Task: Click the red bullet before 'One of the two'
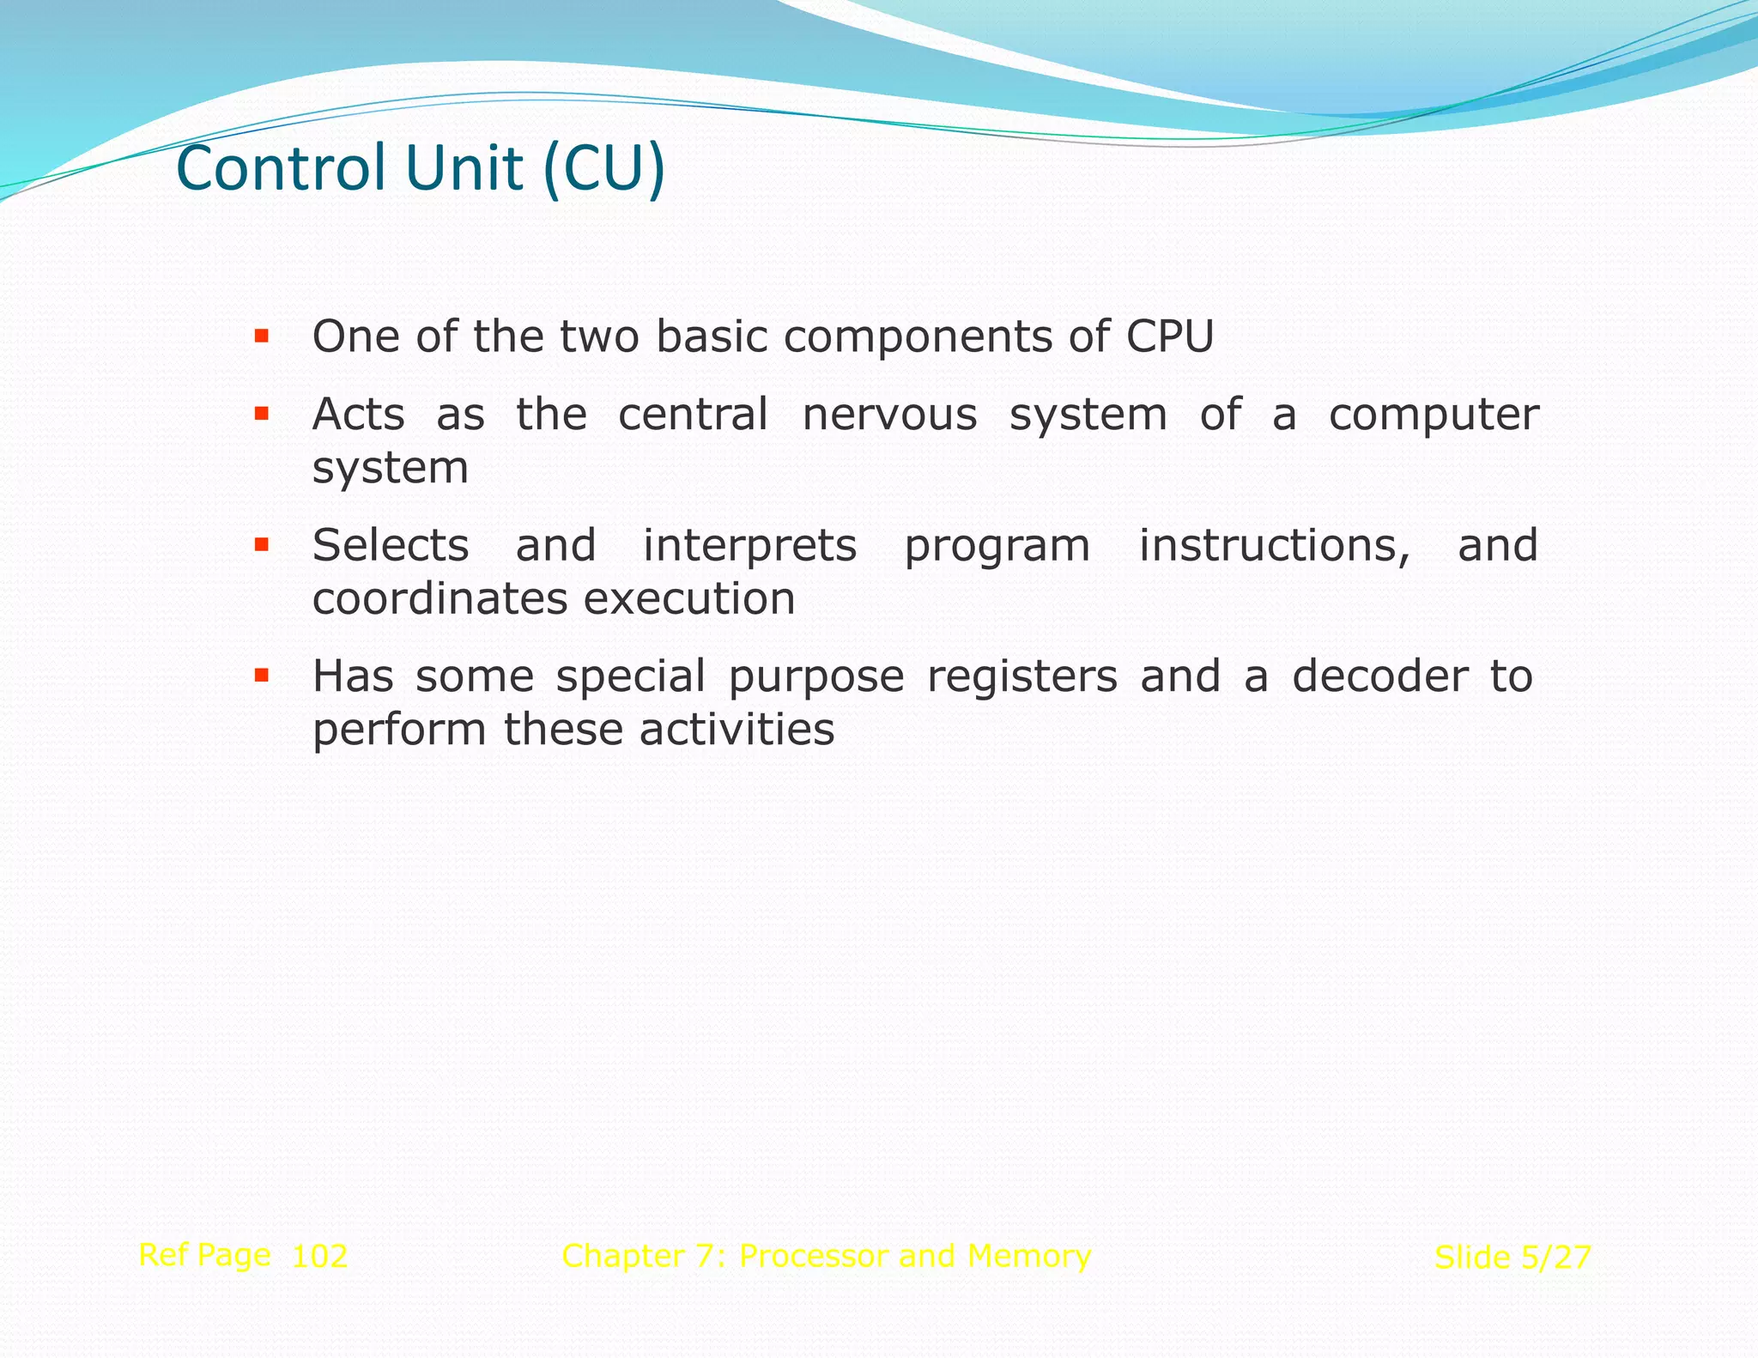tap(262, 336)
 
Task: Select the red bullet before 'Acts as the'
tap(262, 415)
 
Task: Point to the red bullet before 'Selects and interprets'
tap(262, 545)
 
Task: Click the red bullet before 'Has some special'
tap(262, 676)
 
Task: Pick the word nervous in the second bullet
tap(889, 415)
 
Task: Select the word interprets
tap(749, 547)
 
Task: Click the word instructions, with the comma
tap(1274, 546)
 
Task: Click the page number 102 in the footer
tap(319, 1257)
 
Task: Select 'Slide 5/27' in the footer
tap(1512, 1258)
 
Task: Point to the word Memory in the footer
tap(1028, 1256)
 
